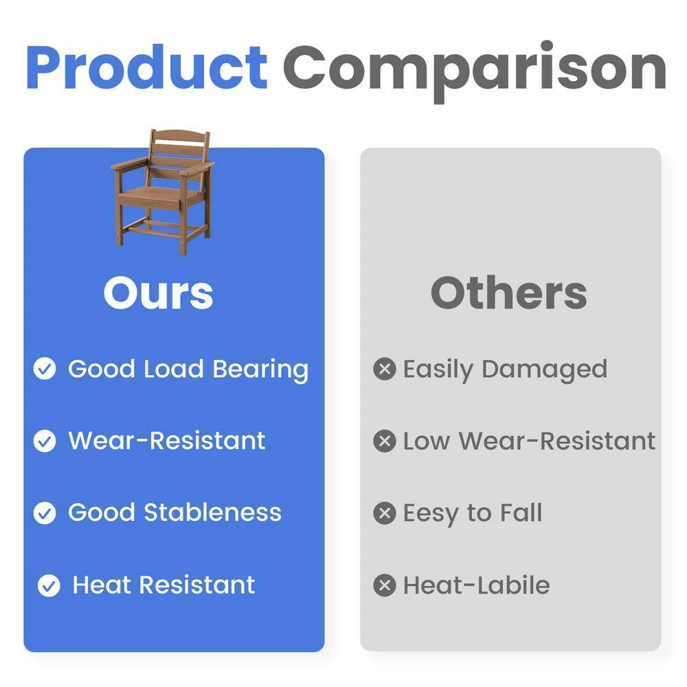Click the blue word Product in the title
(147, 67)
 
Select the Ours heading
(158, 293)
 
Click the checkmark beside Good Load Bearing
(45, 368)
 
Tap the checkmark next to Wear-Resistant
(45, 441)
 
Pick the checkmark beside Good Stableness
(45, 513)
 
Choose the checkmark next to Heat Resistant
(49, 585)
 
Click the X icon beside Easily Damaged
(385, 368)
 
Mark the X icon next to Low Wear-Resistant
(385, 441)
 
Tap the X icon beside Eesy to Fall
(385, 513)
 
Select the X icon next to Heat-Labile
(385, 585)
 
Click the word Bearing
(260, 370)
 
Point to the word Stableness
(212, 512)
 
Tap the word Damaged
(545, 370)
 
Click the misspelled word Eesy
(431, 515)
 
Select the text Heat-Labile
(477, 585)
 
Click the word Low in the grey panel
(427, 441)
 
